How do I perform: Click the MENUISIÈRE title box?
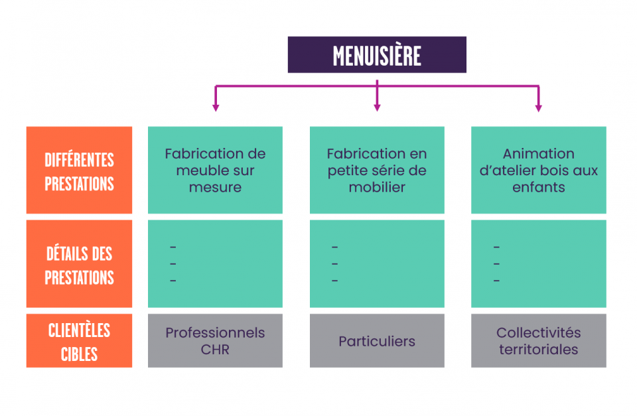377,55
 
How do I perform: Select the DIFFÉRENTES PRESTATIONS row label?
79,170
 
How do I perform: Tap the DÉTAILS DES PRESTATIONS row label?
79,263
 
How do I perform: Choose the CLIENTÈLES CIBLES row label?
79,340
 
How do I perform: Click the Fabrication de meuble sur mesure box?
215,170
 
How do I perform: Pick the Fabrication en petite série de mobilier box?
377,170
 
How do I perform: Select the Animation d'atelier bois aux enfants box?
539,170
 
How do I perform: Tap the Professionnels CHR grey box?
215,340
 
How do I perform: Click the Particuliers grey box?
377,340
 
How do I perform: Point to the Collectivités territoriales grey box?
539,340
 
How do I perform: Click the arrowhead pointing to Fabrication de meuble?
216,108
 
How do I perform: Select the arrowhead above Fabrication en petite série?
377,108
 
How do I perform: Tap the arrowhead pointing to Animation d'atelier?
539,108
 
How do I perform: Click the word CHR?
215,350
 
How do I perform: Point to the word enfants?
539,187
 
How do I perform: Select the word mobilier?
377,187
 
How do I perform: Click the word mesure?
215,187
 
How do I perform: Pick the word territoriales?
539,350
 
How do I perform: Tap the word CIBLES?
79,354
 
